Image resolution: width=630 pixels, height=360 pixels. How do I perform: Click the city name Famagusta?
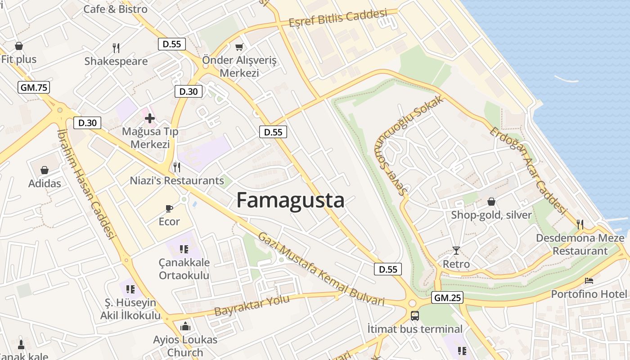[x=290, y=200]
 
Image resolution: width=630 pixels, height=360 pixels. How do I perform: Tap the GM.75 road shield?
[x=34, y=87]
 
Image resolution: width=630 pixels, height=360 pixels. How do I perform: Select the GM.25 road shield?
[x=447, y=297]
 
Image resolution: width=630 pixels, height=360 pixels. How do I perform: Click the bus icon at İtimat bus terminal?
[x=414, y=316]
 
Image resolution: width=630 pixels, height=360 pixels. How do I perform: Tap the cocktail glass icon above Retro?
[x=456, y=251]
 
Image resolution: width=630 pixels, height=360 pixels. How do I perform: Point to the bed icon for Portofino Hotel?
[x=589, y=281]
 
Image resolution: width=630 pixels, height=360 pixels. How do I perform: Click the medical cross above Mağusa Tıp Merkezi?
[x=149, y=118]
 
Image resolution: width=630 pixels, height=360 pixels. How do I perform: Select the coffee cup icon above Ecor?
[x=169, y=208]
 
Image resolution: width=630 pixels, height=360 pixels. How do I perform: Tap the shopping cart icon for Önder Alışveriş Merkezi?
[x=239, y=47]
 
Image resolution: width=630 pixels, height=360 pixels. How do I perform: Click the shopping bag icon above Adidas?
[x=45, y=170]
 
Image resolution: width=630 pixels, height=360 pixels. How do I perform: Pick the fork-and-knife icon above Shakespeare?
[x=116, y=48]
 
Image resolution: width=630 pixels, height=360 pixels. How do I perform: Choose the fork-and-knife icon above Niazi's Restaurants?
[x=177, y=167]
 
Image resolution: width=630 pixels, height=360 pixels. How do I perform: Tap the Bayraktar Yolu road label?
[x=252, y=306]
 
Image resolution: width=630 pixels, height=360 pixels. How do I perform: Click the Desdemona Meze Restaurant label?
[x=580, y=244]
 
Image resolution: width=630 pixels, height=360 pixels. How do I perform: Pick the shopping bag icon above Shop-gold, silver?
[x=491, y=202]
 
